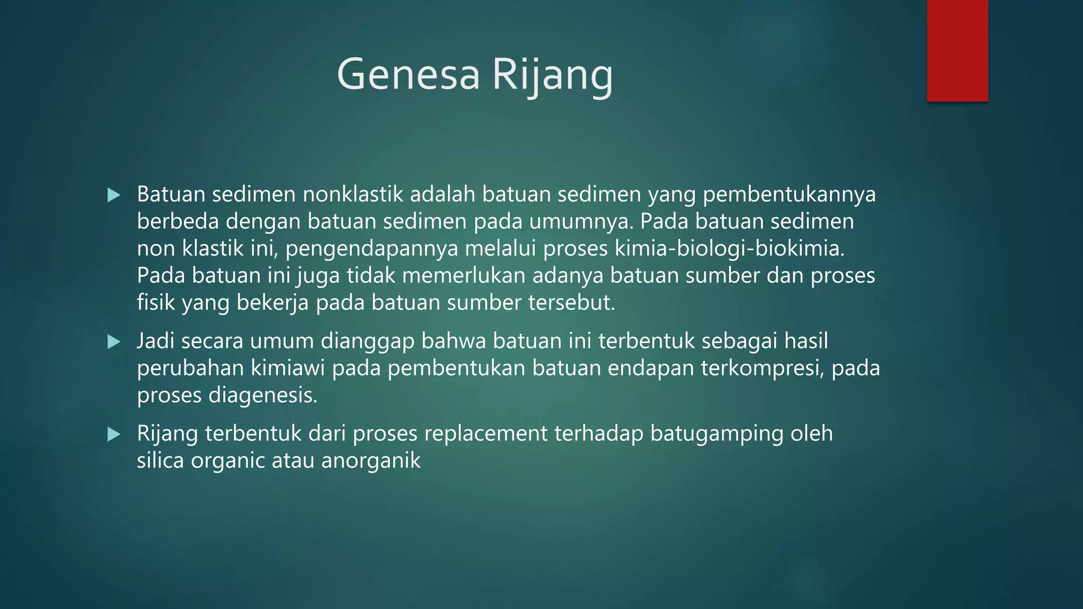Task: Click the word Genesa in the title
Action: (408, 75)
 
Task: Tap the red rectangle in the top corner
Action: (957, 51)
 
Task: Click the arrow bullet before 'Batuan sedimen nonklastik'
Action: (114, 196)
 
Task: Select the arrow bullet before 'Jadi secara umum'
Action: (114, 342)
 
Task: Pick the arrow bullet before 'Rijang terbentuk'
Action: (114, 435)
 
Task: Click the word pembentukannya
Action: (789, 195)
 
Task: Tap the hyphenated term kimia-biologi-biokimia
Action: (730, 248)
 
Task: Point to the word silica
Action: (160, 460)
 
